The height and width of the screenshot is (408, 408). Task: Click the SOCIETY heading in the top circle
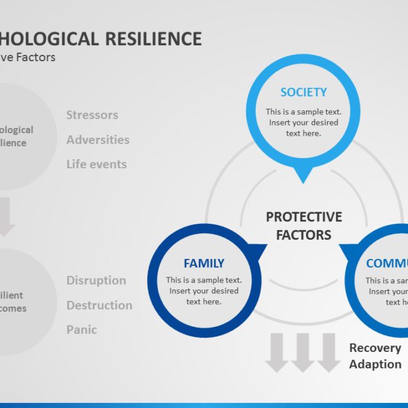[x=303, y=92]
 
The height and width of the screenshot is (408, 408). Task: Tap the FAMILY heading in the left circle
[x=204, y=263]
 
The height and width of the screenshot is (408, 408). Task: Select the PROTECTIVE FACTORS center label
[x=303, y=226]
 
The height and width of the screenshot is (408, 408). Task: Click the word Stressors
[x=92, y=115]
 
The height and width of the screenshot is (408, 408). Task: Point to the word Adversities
[x=98, y=140]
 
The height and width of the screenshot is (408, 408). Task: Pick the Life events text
[x=97, y=164]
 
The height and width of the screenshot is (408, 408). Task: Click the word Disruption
[x=96, y=280]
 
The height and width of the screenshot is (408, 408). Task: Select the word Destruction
[x=99, y=305]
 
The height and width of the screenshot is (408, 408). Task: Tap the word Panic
[x=82, y=330]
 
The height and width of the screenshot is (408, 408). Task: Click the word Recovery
[x=375, y=348]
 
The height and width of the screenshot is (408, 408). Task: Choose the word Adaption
[x=375, y=365]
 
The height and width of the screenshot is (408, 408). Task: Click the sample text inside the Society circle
[x=303, y=122]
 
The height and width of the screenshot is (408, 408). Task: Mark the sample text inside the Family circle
[x=204, y=291]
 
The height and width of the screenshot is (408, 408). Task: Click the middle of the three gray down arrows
[x=303, y=353]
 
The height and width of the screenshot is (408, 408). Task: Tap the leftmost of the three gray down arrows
[x=277, y=353]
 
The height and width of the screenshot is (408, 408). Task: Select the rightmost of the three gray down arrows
[x=328, y=353]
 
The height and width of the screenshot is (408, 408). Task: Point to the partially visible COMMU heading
[x=386, y=263]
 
